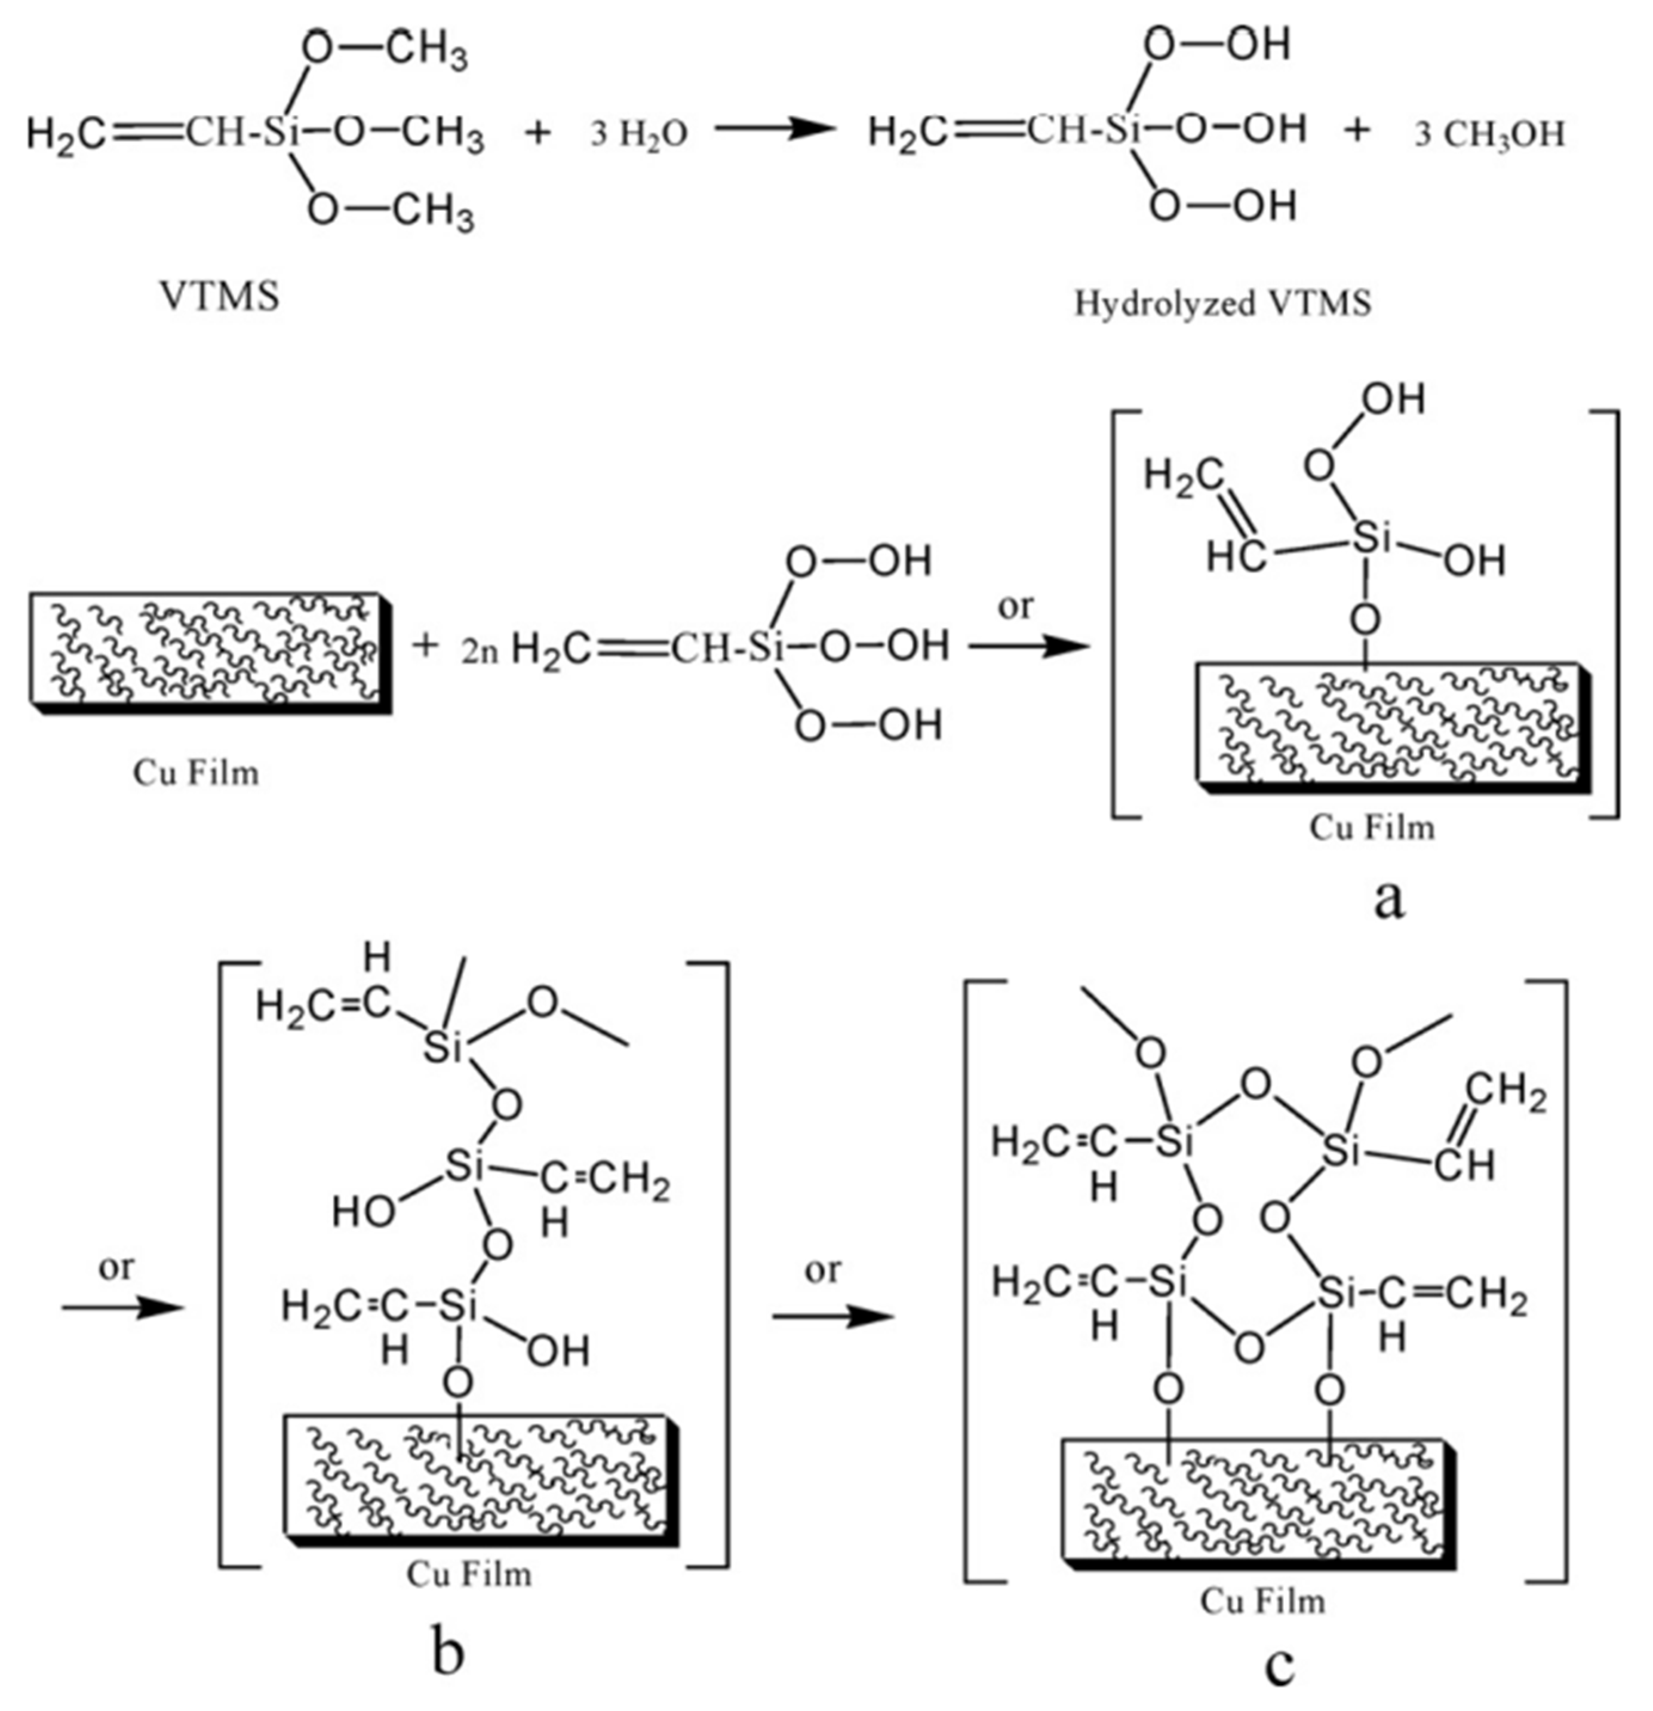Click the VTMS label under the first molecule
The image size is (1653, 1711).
220,297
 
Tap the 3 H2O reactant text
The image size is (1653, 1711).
638,134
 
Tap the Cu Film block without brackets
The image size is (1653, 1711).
210,650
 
